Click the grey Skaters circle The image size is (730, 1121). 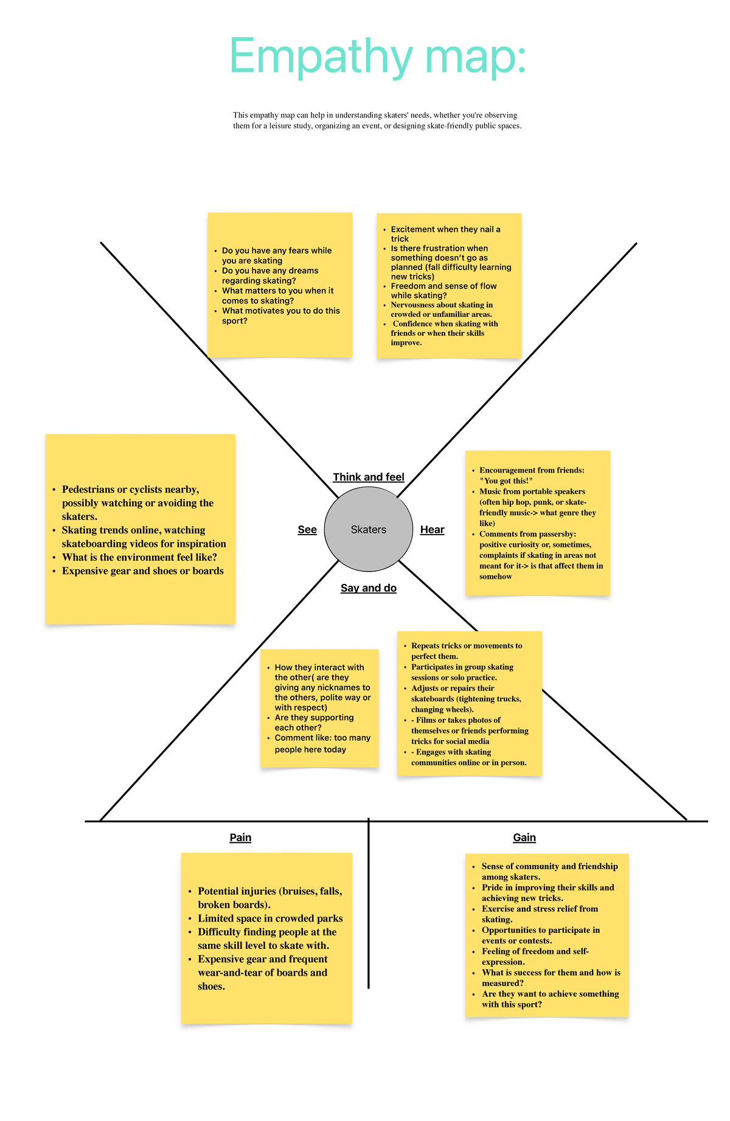click(368, 529)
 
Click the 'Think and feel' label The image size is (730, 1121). click(369, 477)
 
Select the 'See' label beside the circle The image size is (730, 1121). click(307, 530)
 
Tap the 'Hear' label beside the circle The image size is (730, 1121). click(432, 530)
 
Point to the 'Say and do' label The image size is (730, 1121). click(369, 588)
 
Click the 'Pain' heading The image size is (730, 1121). click(240, 838)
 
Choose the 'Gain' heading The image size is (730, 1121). click(524, 838)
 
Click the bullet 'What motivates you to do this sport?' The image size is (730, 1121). click(280, 316)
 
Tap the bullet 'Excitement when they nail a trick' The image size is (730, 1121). click(445, 234)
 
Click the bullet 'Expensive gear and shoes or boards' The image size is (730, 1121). click(142, 571)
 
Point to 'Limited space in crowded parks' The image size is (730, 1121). click(270, 918)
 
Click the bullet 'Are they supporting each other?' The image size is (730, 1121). click(313, 723)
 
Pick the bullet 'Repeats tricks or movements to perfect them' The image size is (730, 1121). click(466, 651)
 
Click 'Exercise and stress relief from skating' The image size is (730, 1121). click(539, 914)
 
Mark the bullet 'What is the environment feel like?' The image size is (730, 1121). click(139, 557)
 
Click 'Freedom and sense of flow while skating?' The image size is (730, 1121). click(443, 291)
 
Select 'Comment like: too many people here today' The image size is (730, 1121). click(322, 743)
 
